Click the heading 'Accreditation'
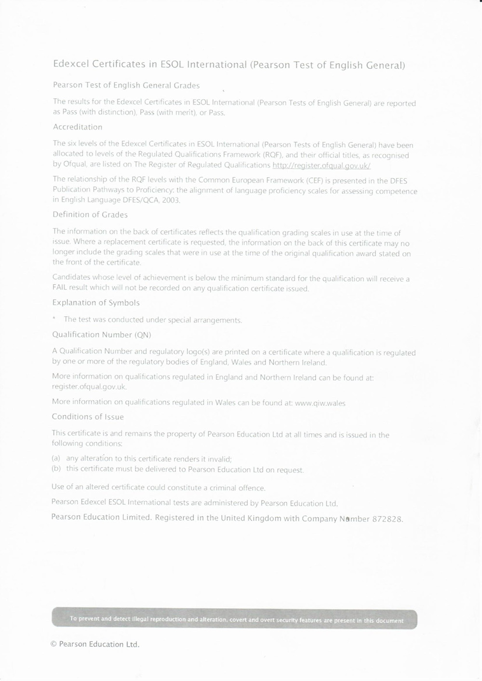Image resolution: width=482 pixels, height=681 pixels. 78,127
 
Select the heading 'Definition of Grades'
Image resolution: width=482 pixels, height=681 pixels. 90,215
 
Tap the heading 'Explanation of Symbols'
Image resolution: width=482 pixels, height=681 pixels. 96,303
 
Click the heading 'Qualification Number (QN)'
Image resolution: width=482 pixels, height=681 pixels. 102,335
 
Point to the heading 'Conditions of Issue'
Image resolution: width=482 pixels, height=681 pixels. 88,417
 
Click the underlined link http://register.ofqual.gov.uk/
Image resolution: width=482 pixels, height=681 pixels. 321,166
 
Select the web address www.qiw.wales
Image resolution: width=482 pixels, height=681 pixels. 320,403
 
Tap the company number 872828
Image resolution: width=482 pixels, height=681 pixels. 387,519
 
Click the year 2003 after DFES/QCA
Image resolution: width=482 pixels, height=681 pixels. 171,200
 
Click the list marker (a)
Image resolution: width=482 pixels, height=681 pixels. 56,458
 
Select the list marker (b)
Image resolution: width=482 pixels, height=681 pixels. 56,469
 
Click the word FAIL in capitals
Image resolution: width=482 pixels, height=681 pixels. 61,288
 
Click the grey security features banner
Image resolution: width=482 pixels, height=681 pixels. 234,619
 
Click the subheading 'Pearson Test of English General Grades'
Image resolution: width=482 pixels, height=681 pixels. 126,86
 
